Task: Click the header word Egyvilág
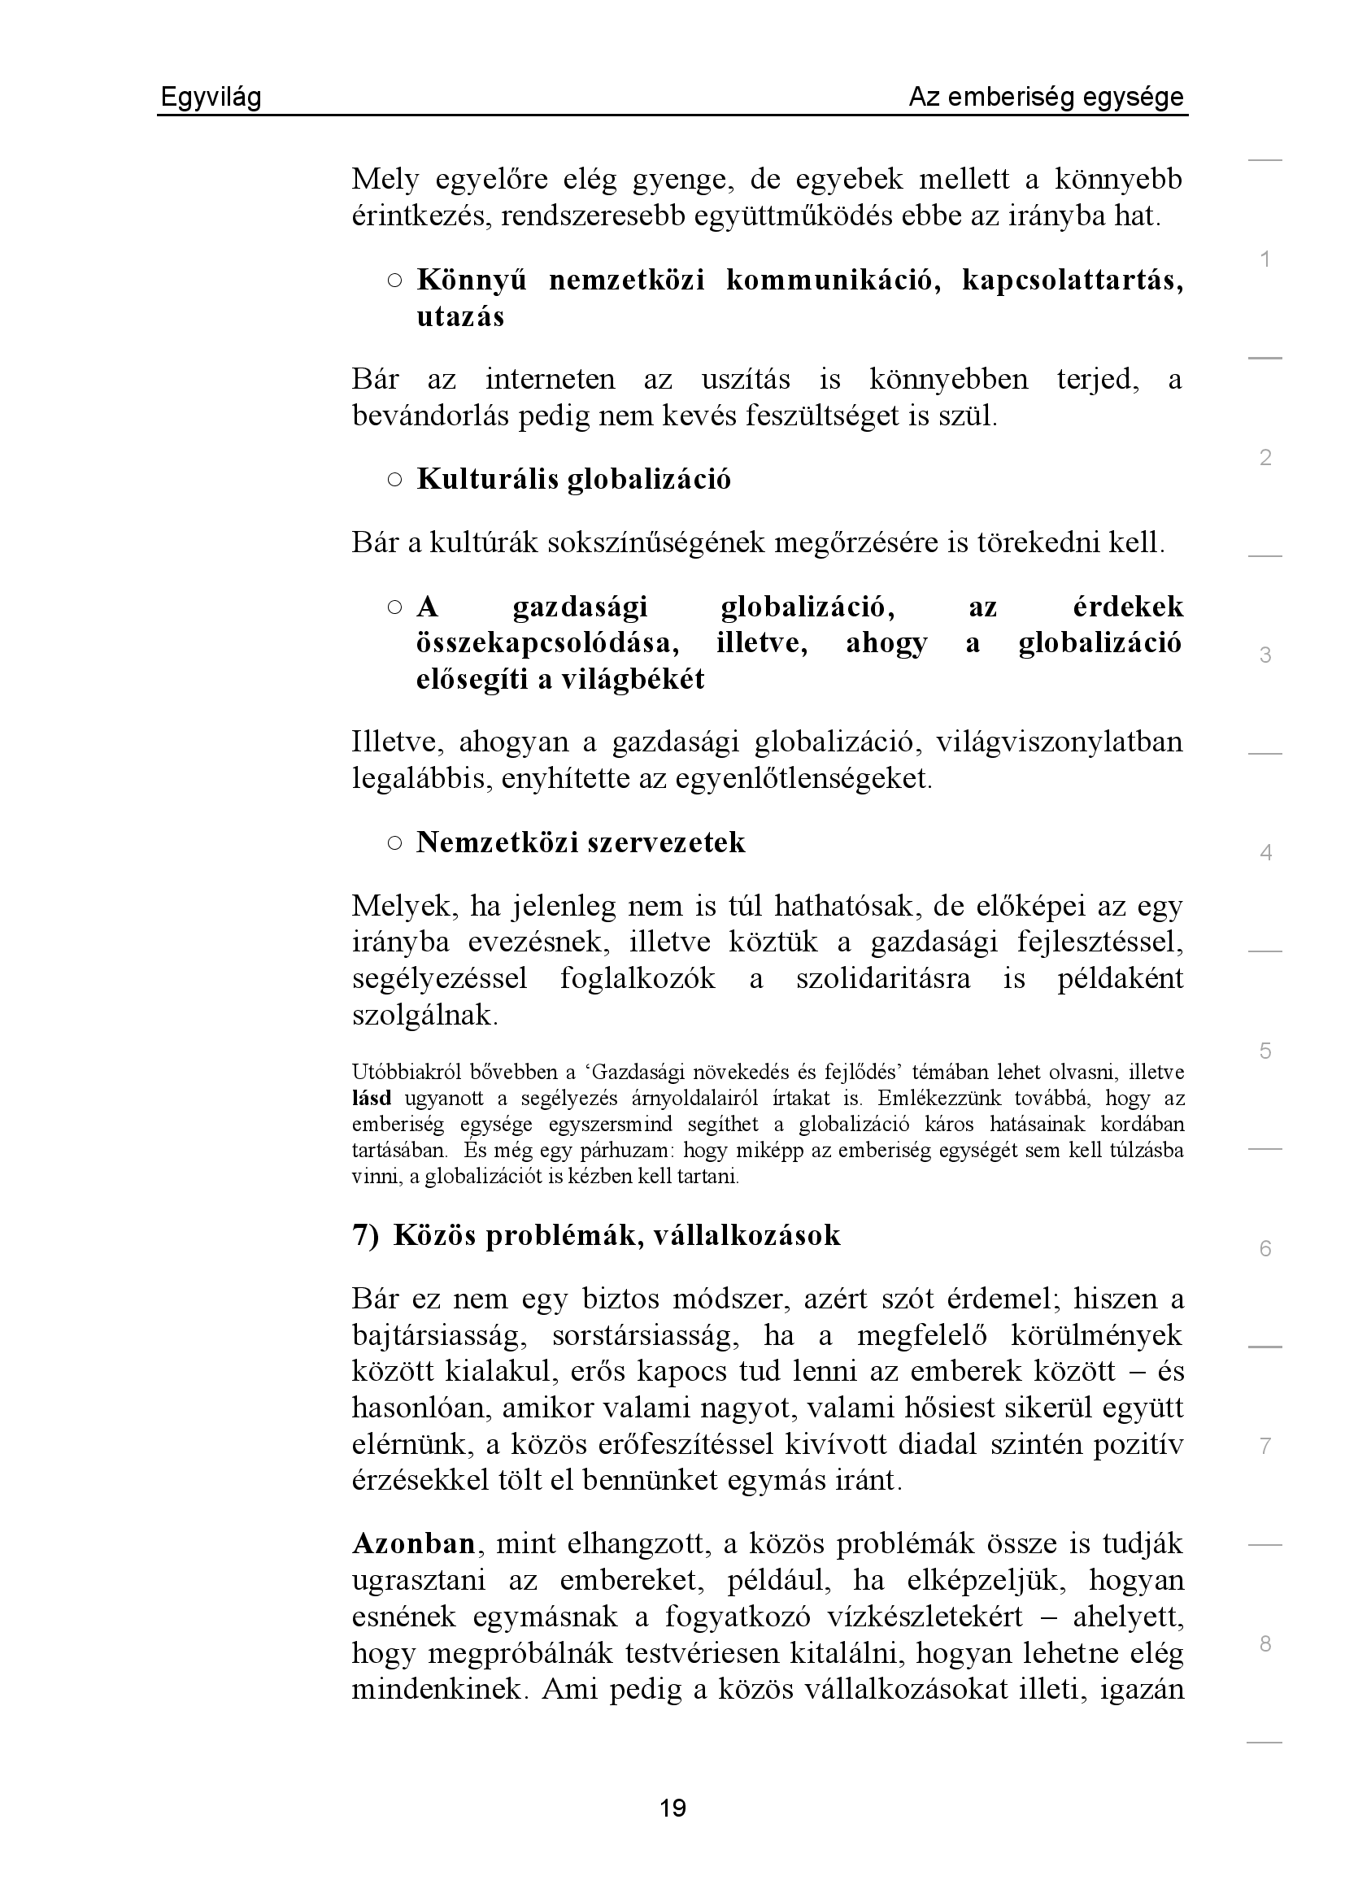(211, 98)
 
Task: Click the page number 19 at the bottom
(672, 1808)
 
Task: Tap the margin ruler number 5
(1264, 1051)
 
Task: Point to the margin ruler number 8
(1264, 1644)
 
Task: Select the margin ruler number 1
(1264, 259)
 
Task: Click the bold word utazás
(460, 317)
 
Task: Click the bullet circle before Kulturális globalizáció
(394, 479)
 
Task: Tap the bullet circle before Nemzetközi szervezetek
(394, 842)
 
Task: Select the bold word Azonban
(413, 1544)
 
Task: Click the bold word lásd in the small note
(371, 1099)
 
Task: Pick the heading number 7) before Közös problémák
(365, 1235)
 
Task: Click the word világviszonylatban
(1059, 742)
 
